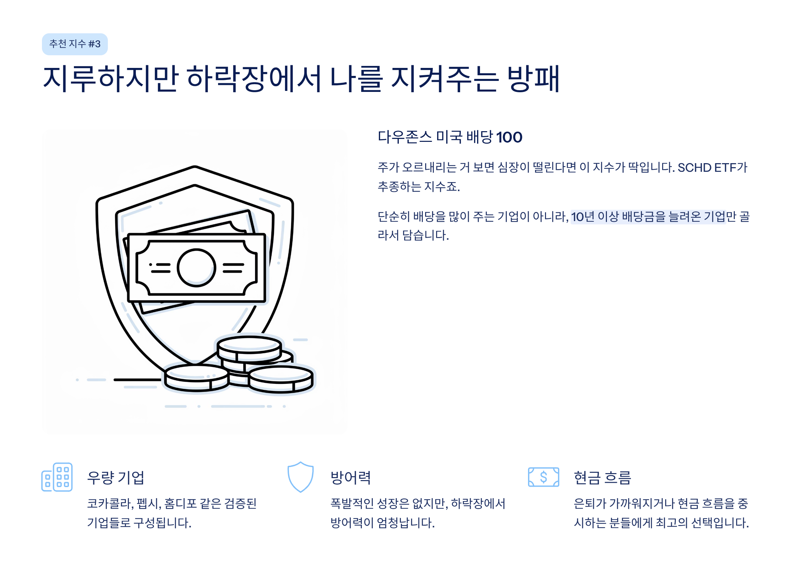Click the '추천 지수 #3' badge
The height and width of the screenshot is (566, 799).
[75, 44]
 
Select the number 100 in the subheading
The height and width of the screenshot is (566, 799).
[509, 137]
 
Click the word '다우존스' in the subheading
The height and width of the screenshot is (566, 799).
[404, 137]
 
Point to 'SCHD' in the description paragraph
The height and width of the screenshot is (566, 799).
[694, 168]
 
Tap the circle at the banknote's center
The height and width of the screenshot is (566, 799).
[196, 268]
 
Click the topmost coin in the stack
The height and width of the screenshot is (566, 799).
[249, 345]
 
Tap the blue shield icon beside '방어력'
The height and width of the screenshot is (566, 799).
[300, 477]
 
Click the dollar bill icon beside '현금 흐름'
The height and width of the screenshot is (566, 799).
[543, 477]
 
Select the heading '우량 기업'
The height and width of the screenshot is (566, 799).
[115, 477]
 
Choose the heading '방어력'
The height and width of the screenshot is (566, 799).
[351, 477]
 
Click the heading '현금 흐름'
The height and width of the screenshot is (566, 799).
[602, 477]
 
